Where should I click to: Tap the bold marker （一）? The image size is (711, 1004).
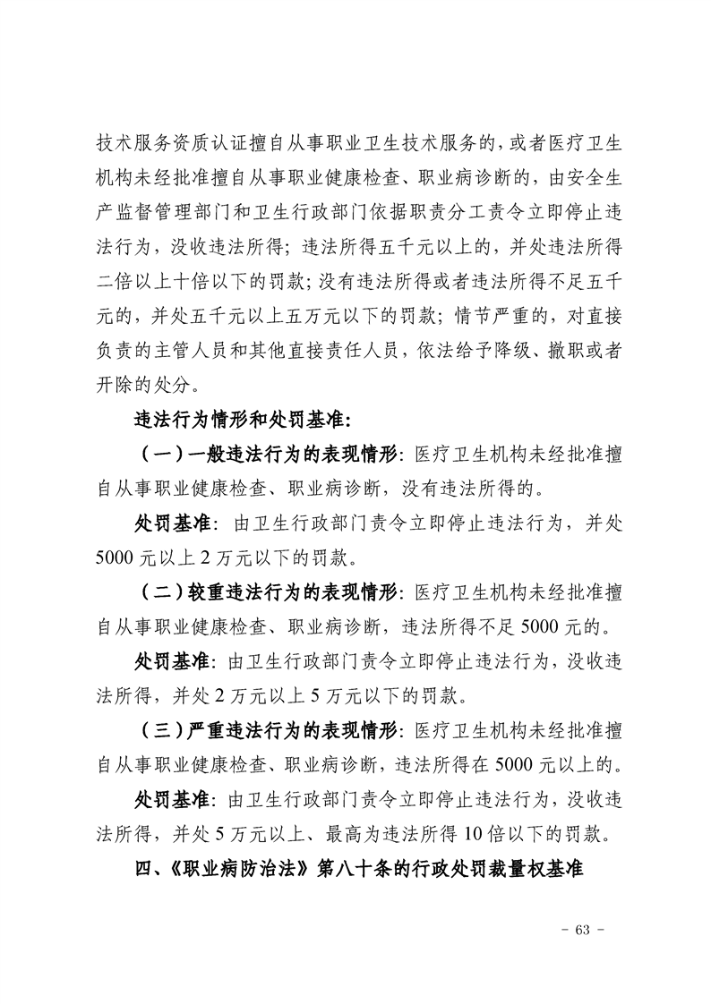click(x=161, y=454)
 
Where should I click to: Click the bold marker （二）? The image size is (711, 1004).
click(x=161, y=593)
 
